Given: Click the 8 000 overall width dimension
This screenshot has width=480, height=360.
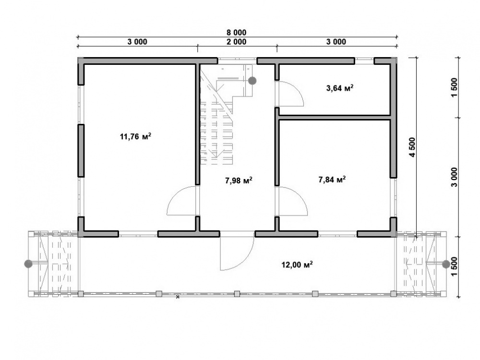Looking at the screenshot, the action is point(236,32).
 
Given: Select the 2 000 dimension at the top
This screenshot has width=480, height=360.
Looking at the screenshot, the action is point(236,42).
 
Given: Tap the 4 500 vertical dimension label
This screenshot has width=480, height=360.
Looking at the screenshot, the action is point(413,147).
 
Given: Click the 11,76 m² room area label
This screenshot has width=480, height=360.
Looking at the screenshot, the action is point(136,136).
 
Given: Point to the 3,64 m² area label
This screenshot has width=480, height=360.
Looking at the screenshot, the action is point(340,88).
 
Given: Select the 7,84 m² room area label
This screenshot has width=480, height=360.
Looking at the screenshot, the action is point(332,180).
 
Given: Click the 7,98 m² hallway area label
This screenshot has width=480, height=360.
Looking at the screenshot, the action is point(239,180).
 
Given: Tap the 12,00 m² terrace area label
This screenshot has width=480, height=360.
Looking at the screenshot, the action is point(297,264).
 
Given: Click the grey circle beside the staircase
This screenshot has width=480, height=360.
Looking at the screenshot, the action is point(252,81).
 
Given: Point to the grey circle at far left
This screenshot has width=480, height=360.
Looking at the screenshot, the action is point(28,264).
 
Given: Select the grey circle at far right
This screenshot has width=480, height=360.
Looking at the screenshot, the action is point(446,264).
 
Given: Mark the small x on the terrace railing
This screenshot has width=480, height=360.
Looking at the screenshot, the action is point(178,297).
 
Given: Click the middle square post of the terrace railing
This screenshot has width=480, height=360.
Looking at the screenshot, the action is point(237,294).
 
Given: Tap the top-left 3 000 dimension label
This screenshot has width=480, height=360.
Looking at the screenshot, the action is point(137,42).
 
